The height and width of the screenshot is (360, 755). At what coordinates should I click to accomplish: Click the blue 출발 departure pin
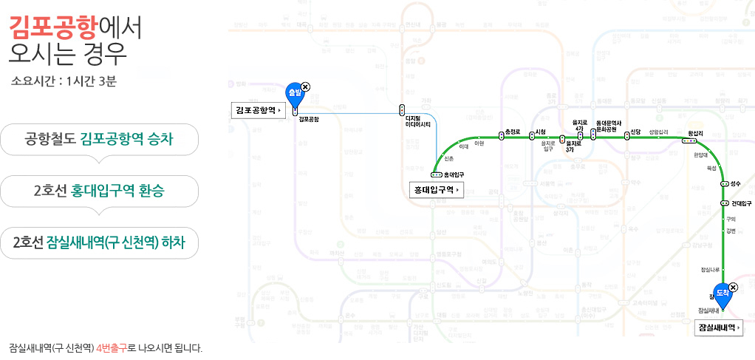[x=294, y=95]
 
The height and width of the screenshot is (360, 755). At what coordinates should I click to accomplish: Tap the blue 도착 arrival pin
[x=722, y=293]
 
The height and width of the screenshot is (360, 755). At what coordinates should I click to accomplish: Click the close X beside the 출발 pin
[x=306, y=86]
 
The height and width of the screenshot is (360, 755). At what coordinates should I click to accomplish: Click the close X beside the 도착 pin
[x=733, y=287]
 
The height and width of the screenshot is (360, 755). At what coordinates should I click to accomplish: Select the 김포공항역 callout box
[x=258, y=110]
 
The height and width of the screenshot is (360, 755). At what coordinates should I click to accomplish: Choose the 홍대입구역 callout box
[x=436, y=190]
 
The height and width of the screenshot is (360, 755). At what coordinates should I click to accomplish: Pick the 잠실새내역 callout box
[x=720, y=327]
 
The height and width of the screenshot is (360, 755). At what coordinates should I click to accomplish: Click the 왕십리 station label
[x=695, y=133]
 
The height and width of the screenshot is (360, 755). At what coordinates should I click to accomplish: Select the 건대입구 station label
[x=741, y=203]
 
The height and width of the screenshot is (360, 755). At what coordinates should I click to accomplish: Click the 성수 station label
[x=735, y=183]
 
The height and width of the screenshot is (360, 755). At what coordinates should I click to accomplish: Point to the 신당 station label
[x=635, y=132]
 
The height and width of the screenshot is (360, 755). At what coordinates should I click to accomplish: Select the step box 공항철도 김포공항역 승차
[x=100, y=139]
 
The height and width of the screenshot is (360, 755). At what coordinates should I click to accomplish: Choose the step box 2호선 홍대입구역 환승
[x=100, y=191]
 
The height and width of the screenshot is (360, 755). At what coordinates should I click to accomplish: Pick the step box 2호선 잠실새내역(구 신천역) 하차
[x=100, y=242]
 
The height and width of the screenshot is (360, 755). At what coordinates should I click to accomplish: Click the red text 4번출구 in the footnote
[x=112, y=347]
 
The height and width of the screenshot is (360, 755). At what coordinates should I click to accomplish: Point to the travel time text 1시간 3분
[x=91, y=81]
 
